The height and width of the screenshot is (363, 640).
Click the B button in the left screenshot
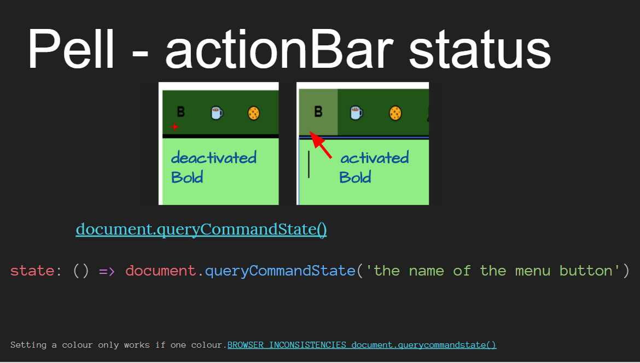pos(181,112)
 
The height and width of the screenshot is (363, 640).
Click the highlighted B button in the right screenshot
pos(318,112)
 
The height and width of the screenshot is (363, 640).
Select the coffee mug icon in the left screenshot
pos(217,113)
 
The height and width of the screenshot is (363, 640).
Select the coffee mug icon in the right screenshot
pos(356,113)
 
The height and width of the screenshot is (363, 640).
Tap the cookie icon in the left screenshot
pos(253,113)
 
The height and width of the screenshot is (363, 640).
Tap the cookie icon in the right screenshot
pos(395,113)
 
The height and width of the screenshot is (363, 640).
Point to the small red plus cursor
pos(174,127)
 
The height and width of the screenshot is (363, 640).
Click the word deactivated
pos(213,159)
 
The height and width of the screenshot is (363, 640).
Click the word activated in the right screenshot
pos(375,159)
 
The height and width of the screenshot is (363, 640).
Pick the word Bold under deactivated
pos(187,178)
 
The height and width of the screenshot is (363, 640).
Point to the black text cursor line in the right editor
pos(309,164)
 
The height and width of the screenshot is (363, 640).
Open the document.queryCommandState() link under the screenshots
pos(201,229)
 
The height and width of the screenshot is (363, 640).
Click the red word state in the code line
pos(32,271)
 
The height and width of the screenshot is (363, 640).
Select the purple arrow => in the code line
pos(107,271)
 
